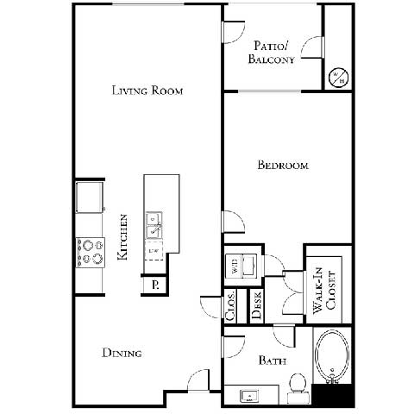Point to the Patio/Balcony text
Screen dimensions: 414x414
pos(273,53)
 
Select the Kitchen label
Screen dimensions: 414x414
pos(124,238)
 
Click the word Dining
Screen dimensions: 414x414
pos(122,353)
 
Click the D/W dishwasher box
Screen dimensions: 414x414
pos(155,251)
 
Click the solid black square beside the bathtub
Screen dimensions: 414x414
pos(334,395)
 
